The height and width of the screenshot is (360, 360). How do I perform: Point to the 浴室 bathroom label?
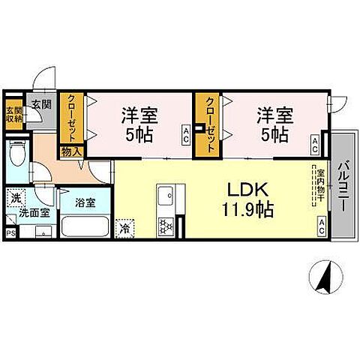click(x=84, y=201)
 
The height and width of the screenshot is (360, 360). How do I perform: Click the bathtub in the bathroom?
click(x=83, y=226)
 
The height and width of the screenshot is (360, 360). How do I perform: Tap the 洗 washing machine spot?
click(x=16, y=199)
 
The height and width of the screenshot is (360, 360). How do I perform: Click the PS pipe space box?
click(x=10, y=232)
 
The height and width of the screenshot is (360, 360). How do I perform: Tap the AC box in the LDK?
click(x=321, y=224)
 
